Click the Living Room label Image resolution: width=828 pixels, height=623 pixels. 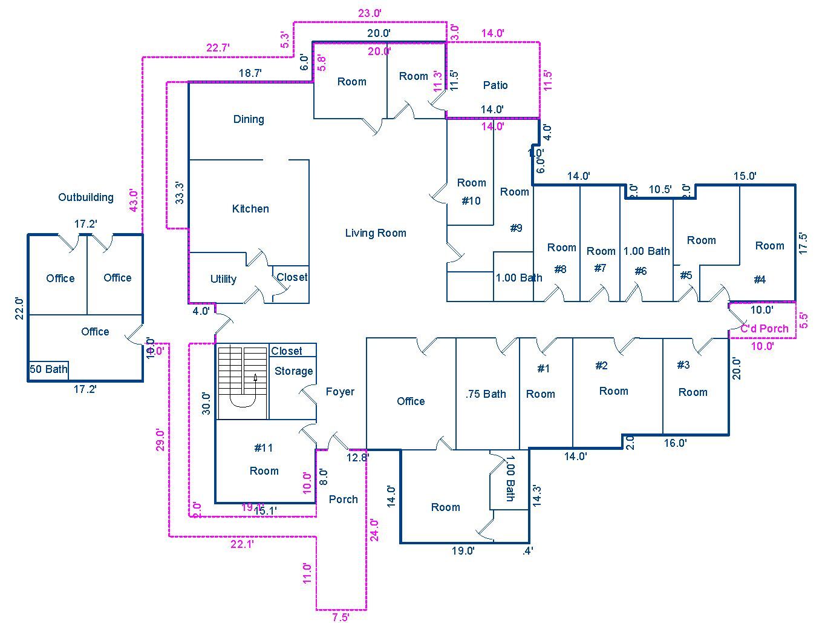tap(376, 233)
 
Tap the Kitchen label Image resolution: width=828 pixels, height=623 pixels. tap(250, 209)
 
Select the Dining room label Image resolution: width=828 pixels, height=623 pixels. tap(249, 119)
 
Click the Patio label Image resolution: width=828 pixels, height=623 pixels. tap(495, 85)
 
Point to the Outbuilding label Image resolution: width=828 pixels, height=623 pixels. tap(86, 197)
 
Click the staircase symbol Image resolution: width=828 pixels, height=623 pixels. tap(243, 382)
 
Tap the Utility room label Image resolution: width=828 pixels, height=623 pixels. tap(223, 279)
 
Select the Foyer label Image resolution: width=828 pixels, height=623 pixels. tap(340, 392)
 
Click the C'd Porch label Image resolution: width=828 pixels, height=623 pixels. tap(765, 329)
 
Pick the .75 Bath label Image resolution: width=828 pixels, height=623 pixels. tap(486, 394)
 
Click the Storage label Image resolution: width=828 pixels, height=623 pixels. tap(294, 371)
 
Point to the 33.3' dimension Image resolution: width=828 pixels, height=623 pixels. tap(180, 193)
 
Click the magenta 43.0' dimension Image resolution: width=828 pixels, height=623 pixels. tap(134, 200)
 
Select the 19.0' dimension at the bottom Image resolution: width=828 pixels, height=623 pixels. tap(463, 551)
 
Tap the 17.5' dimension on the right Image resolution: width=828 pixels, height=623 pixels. tap(803, 243)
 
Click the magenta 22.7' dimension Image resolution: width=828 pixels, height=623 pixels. tap(218, 48)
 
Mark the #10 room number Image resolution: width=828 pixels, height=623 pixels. tap(471, 200)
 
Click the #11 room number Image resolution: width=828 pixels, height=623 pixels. tap(264, 448)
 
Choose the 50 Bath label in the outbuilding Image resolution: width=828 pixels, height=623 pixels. tap(49, 369)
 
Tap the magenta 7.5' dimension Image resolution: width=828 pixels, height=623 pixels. tap(341, 617)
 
